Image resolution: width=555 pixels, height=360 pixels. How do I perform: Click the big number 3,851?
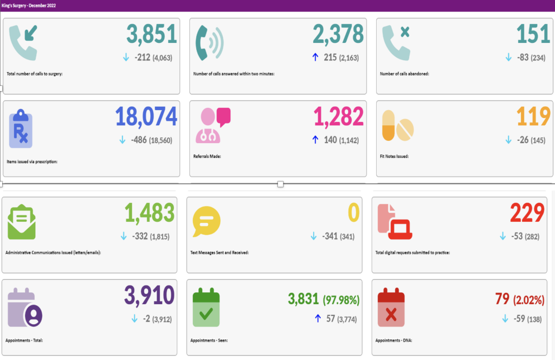[152, 34]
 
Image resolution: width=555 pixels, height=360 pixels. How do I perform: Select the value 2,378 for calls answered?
[338, 34]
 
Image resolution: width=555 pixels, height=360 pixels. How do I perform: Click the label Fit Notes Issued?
[394, 156]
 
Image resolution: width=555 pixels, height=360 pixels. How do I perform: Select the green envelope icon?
[22, 222]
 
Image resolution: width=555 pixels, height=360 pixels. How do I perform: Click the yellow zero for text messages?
[353, 213]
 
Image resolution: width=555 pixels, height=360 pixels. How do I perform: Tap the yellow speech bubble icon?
[206, 221]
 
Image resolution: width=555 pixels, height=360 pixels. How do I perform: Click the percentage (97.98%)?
[341, 300]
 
